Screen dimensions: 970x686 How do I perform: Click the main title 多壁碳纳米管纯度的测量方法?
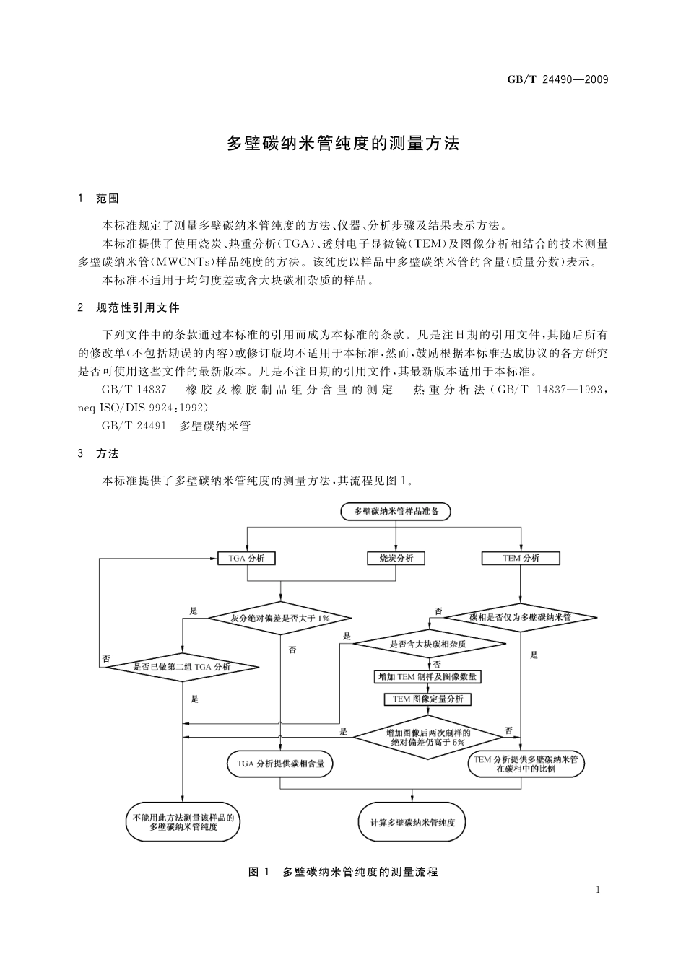pyautogui.click(x=343, y=143)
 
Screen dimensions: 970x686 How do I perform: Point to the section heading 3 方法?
pyautogui.click(x=99, y=454)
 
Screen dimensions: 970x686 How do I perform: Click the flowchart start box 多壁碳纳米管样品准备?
pyautogui.click(x=396, y=512)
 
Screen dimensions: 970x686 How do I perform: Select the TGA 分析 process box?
pyautogui.click(x=247, y=558)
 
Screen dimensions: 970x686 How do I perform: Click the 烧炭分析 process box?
pyautogui.click(x=396, y=558)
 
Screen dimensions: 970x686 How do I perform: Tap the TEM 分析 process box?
pyautogui.click(x=521, y=558)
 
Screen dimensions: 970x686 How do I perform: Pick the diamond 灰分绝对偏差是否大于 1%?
pyautogui.click(x=279, y=618)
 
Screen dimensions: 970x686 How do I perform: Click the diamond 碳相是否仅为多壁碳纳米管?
pyautogui.click(x=520, y=618)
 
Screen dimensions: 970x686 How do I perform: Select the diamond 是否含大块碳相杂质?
pyautogui.click(x=429, y=643)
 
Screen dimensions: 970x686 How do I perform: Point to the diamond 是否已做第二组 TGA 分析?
pyautogui.click(x=182, y=667)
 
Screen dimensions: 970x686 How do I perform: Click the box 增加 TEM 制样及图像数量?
pyautogui.click(x=429, y=677)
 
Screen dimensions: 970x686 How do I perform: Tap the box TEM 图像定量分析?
pyautogui.click(x=429, y=699)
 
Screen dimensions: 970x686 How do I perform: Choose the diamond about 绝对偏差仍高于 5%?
pyautogui.click(x=429, y=737)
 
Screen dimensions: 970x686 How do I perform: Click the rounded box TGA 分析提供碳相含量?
pyautogui.click(x=280, y=763)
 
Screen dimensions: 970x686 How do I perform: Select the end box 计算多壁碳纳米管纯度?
pyautogui.click(x=412, y=822)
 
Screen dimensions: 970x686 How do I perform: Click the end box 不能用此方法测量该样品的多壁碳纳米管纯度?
pyautogui.click(x=183, y=822)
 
